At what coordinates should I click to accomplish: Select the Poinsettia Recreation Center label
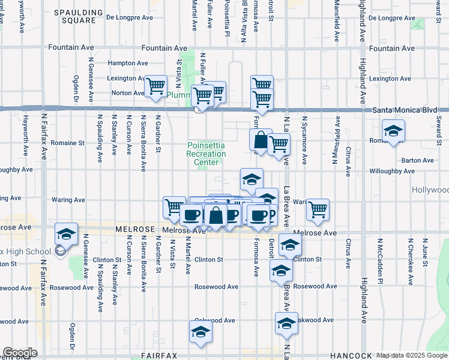click(x=206, y=154)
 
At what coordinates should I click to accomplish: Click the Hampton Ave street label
click(x=128, y=62)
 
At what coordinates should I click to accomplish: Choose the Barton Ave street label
click(x=418, y=160)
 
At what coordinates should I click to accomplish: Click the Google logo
click(x=20, y=353)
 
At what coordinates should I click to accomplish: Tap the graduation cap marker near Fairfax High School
click(x=66, y=233)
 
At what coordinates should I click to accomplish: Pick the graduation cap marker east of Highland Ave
click(x=393, y=131)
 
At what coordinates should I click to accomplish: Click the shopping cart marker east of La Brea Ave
click(x=318, y=209)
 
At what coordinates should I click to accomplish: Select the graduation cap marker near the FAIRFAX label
click(x=200, y=332)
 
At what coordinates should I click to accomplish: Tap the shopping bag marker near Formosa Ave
click(x=261, y=140)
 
